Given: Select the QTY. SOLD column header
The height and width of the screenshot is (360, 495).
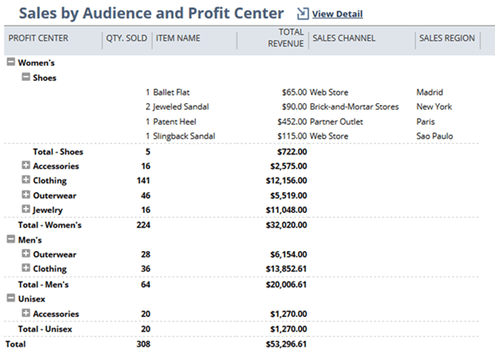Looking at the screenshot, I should tap(126, 38).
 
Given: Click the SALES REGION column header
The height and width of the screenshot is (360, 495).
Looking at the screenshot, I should tap(446, 38).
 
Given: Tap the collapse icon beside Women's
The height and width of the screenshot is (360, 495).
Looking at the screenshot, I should tap(10, 62).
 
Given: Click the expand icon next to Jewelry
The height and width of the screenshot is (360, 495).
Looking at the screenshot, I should tap(26, 210).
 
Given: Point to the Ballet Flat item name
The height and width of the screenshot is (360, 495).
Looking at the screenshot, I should tap(172, 92).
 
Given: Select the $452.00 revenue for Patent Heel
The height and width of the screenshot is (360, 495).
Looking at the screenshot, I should tap(290, 121).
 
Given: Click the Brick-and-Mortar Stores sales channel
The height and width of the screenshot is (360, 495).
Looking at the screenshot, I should tap(355, 107).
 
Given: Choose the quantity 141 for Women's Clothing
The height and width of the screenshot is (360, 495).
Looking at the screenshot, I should tap(144, 181).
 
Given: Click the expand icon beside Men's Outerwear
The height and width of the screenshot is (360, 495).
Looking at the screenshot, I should tap(26, 254).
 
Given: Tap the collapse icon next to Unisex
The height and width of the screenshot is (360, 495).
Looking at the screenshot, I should tap(10, 299).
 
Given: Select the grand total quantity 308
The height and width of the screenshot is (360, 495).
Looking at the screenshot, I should tap(144, 343).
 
